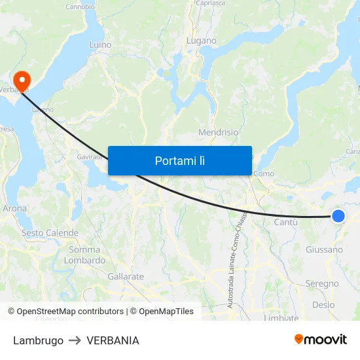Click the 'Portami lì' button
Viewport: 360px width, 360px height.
click(179, 160)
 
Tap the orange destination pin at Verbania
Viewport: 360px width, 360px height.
click(22, 81)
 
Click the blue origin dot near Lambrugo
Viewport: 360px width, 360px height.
click(338, 216)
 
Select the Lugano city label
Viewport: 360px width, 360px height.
click(201, 41)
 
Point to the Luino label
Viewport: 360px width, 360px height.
click(100, 45)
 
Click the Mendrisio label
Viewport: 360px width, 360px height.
click(218, 132)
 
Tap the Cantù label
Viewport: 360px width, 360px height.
click(285, 223)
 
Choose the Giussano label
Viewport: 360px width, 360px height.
click(324, 249)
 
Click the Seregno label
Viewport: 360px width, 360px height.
click(322, 283)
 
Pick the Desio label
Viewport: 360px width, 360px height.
click(323, 304)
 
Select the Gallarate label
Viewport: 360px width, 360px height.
click(125, 277)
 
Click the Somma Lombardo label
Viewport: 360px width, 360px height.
click(84, 255)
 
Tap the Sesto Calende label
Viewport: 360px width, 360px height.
click(50, 233)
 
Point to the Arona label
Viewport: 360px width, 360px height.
click(15, 209)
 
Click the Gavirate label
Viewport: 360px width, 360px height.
click(89, 157)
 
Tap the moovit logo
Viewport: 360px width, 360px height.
click(320, 340)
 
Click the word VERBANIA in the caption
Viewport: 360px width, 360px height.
click(113, 340)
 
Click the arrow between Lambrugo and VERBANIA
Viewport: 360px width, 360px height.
click(75, 340)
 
